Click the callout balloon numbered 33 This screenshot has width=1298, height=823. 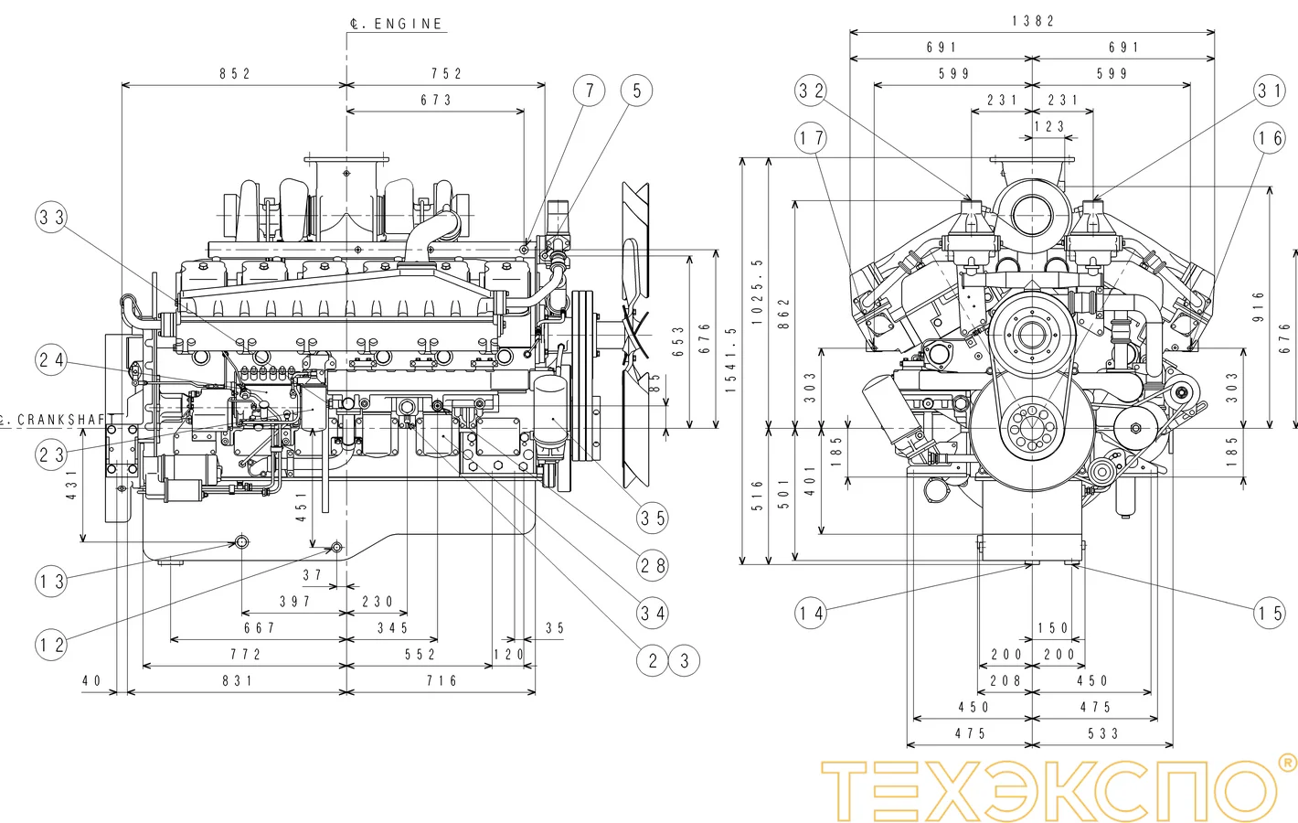tap(52, 218)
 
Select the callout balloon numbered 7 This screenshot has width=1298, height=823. tap(590, 91)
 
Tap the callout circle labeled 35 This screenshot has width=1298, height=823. tap(653, 518)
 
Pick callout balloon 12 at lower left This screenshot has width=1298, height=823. tap(52, 645)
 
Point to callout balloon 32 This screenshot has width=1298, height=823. tap(811, 91)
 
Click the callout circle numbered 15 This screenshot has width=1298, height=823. tap(1270, 613)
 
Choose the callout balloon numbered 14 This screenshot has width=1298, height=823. tap(811, 613)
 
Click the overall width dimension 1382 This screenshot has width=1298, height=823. tap(1033, 21)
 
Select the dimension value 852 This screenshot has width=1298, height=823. tap(235, 74)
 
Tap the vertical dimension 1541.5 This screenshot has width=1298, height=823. tap(730, 360)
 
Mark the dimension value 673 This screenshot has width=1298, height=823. tap(436, 101)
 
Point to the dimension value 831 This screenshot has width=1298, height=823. tap(238, 681)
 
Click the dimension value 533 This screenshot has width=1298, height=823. tap(1103, 733)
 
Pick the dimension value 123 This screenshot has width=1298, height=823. tap(1049, 127)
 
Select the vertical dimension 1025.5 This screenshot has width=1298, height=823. tap(757, 291)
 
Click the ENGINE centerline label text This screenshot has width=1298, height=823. tap(398, 24)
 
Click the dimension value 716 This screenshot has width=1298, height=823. tap(442, 681)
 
